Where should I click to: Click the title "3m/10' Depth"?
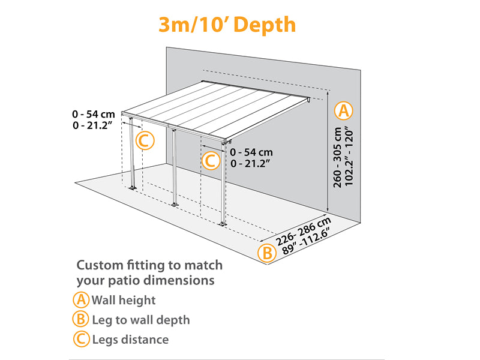click(227, 25)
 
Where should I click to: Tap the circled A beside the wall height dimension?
click(344, 110)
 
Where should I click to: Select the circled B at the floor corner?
click(266, 252)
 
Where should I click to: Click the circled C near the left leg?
click(145, 140)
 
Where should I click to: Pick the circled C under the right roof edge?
click(209, 161)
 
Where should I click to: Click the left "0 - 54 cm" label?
click(93, 113)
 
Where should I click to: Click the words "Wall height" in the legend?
click(124, 300)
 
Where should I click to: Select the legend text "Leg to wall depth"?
click(140, 320)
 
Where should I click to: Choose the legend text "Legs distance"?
click(130, 340)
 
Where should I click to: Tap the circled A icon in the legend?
click(81, 300)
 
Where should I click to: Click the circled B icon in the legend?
click(81, 320)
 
